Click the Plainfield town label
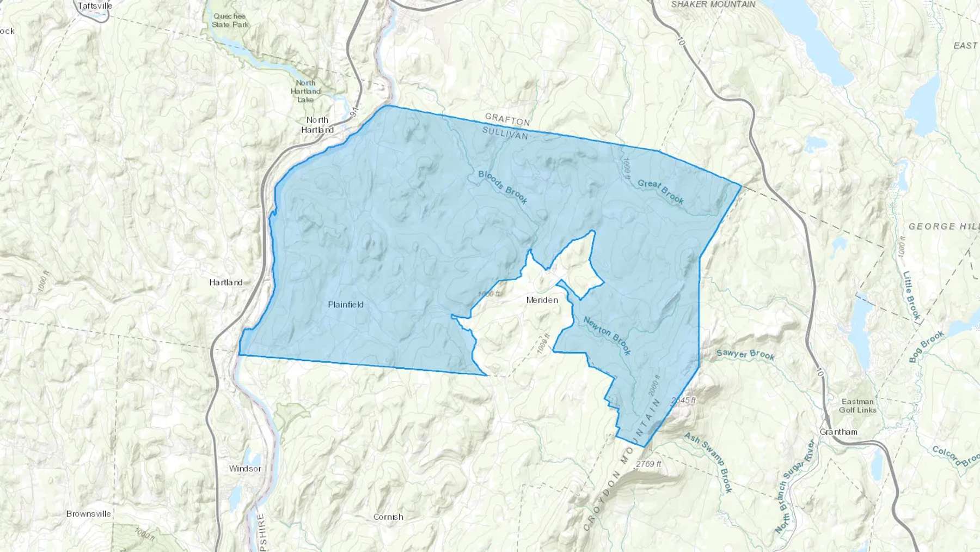pyautogui.click(x=346, y=305)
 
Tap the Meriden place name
pyautogui.click(x=542, y=300)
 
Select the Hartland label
pyautogui.click(x=226, y=282)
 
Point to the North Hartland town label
pyautogui.click(x=317, y=125)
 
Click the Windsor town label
pyautogui.click(x=245, y=469)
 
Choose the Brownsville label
pyautogui.click(x=89, y=514)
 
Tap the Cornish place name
pyautogui.click(x=389, y=517)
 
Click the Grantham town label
pyautogui.click(x=838, y=432)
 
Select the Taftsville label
pyautogui.click(x=95, y=5)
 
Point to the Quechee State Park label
pyautogui.click(x=231, y=20)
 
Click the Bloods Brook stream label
pyautogui.click(x=503, y=187)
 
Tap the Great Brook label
pyautogui.click(x=660, y=192)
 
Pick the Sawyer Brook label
pyautogui.click(x=745, y=354)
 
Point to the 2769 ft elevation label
pyautogui.click(x=648, y=464)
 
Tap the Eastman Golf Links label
pyautogui.click(x=857, y=405)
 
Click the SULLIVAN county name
pyautogui.click(x=505, y=133)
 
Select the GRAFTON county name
pyautogui.click(x=507, y=119)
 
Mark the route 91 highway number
pyautogui.click(x=355, y=111)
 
